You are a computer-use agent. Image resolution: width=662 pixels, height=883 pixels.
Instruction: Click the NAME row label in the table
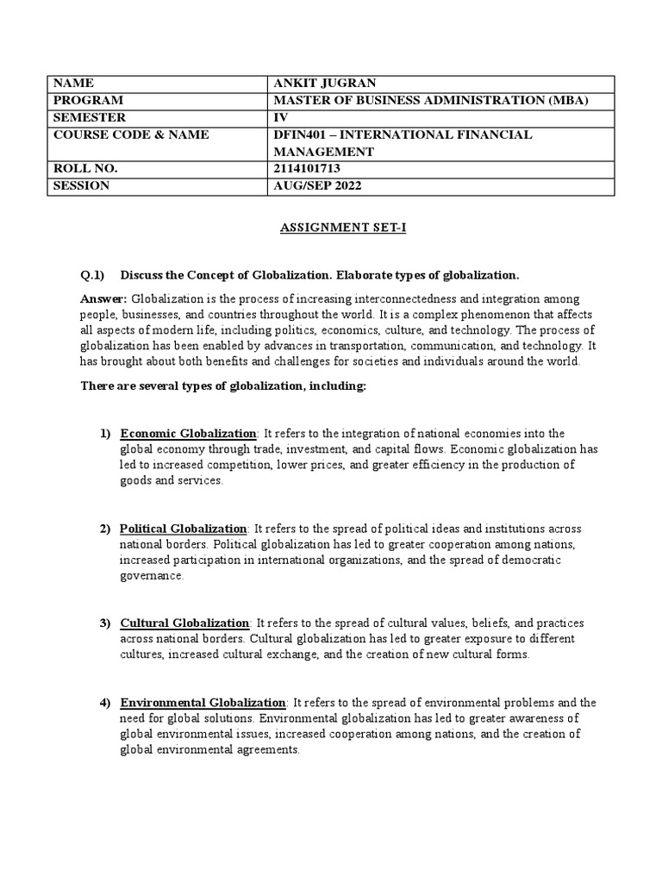72,84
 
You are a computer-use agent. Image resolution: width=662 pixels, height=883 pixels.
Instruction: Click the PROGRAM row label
88,100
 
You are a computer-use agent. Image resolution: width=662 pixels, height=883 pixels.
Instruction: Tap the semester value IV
278,117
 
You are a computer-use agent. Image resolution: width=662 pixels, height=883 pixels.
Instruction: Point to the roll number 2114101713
307,168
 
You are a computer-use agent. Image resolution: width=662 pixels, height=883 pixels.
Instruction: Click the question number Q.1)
91,275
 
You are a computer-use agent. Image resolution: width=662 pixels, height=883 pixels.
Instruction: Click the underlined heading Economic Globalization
188,433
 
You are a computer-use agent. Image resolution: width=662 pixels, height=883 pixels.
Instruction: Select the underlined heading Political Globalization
184,528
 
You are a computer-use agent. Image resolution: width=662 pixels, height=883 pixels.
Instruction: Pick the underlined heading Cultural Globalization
185,623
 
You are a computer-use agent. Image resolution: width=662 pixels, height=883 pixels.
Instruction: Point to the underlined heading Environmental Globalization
203,703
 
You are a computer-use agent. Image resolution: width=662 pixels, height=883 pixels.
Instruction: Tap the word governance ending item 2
152,576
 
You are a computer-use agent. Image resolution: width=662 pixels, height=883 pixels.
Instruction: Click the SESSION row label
82,185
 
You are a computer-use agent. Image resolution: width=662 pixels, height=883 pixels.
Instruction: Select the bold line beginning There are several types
223,386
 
